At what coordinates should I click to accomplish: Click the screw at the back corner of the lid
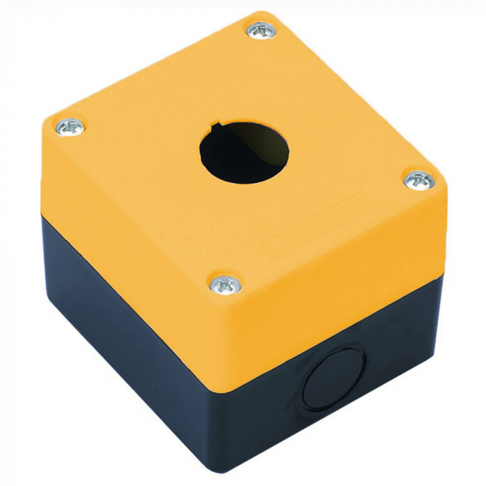[262, 30]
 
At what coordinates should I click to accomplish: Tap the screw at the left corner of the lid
[69, 126]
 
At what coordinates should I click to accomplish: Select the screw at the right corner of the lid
[419, 180]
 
